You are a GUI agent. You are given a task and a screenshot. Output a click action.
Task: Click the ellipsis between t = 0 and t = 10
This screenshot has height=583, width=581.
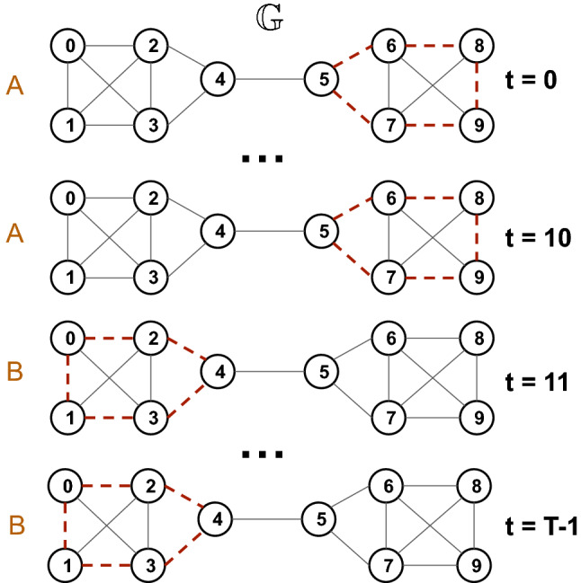[264, 160]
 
